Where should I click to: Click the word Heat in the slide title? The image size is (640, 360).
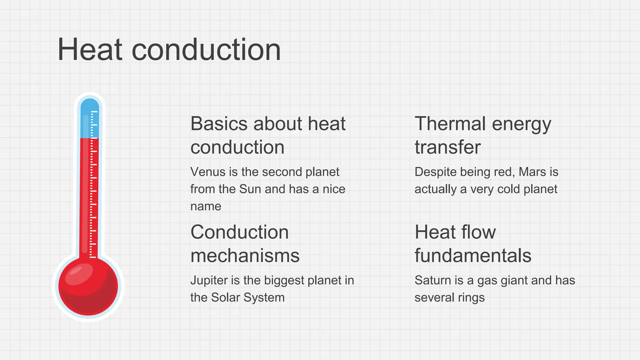(x=90, y=50)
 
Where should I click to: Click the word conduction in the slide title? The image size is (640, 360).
(x=206, y=50)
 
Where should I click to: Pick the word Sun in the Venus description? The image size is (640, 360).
(x=250, y=189)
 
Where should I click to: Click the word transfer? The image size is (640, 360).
(x=447, y=147)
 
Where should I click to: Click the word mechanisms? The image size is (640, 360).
(x=245, y=256)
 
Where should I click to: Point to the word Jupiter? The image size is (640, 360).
(x=209, y=281)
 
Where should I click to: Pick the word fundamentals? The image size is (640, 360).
(x=473, y=256)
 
